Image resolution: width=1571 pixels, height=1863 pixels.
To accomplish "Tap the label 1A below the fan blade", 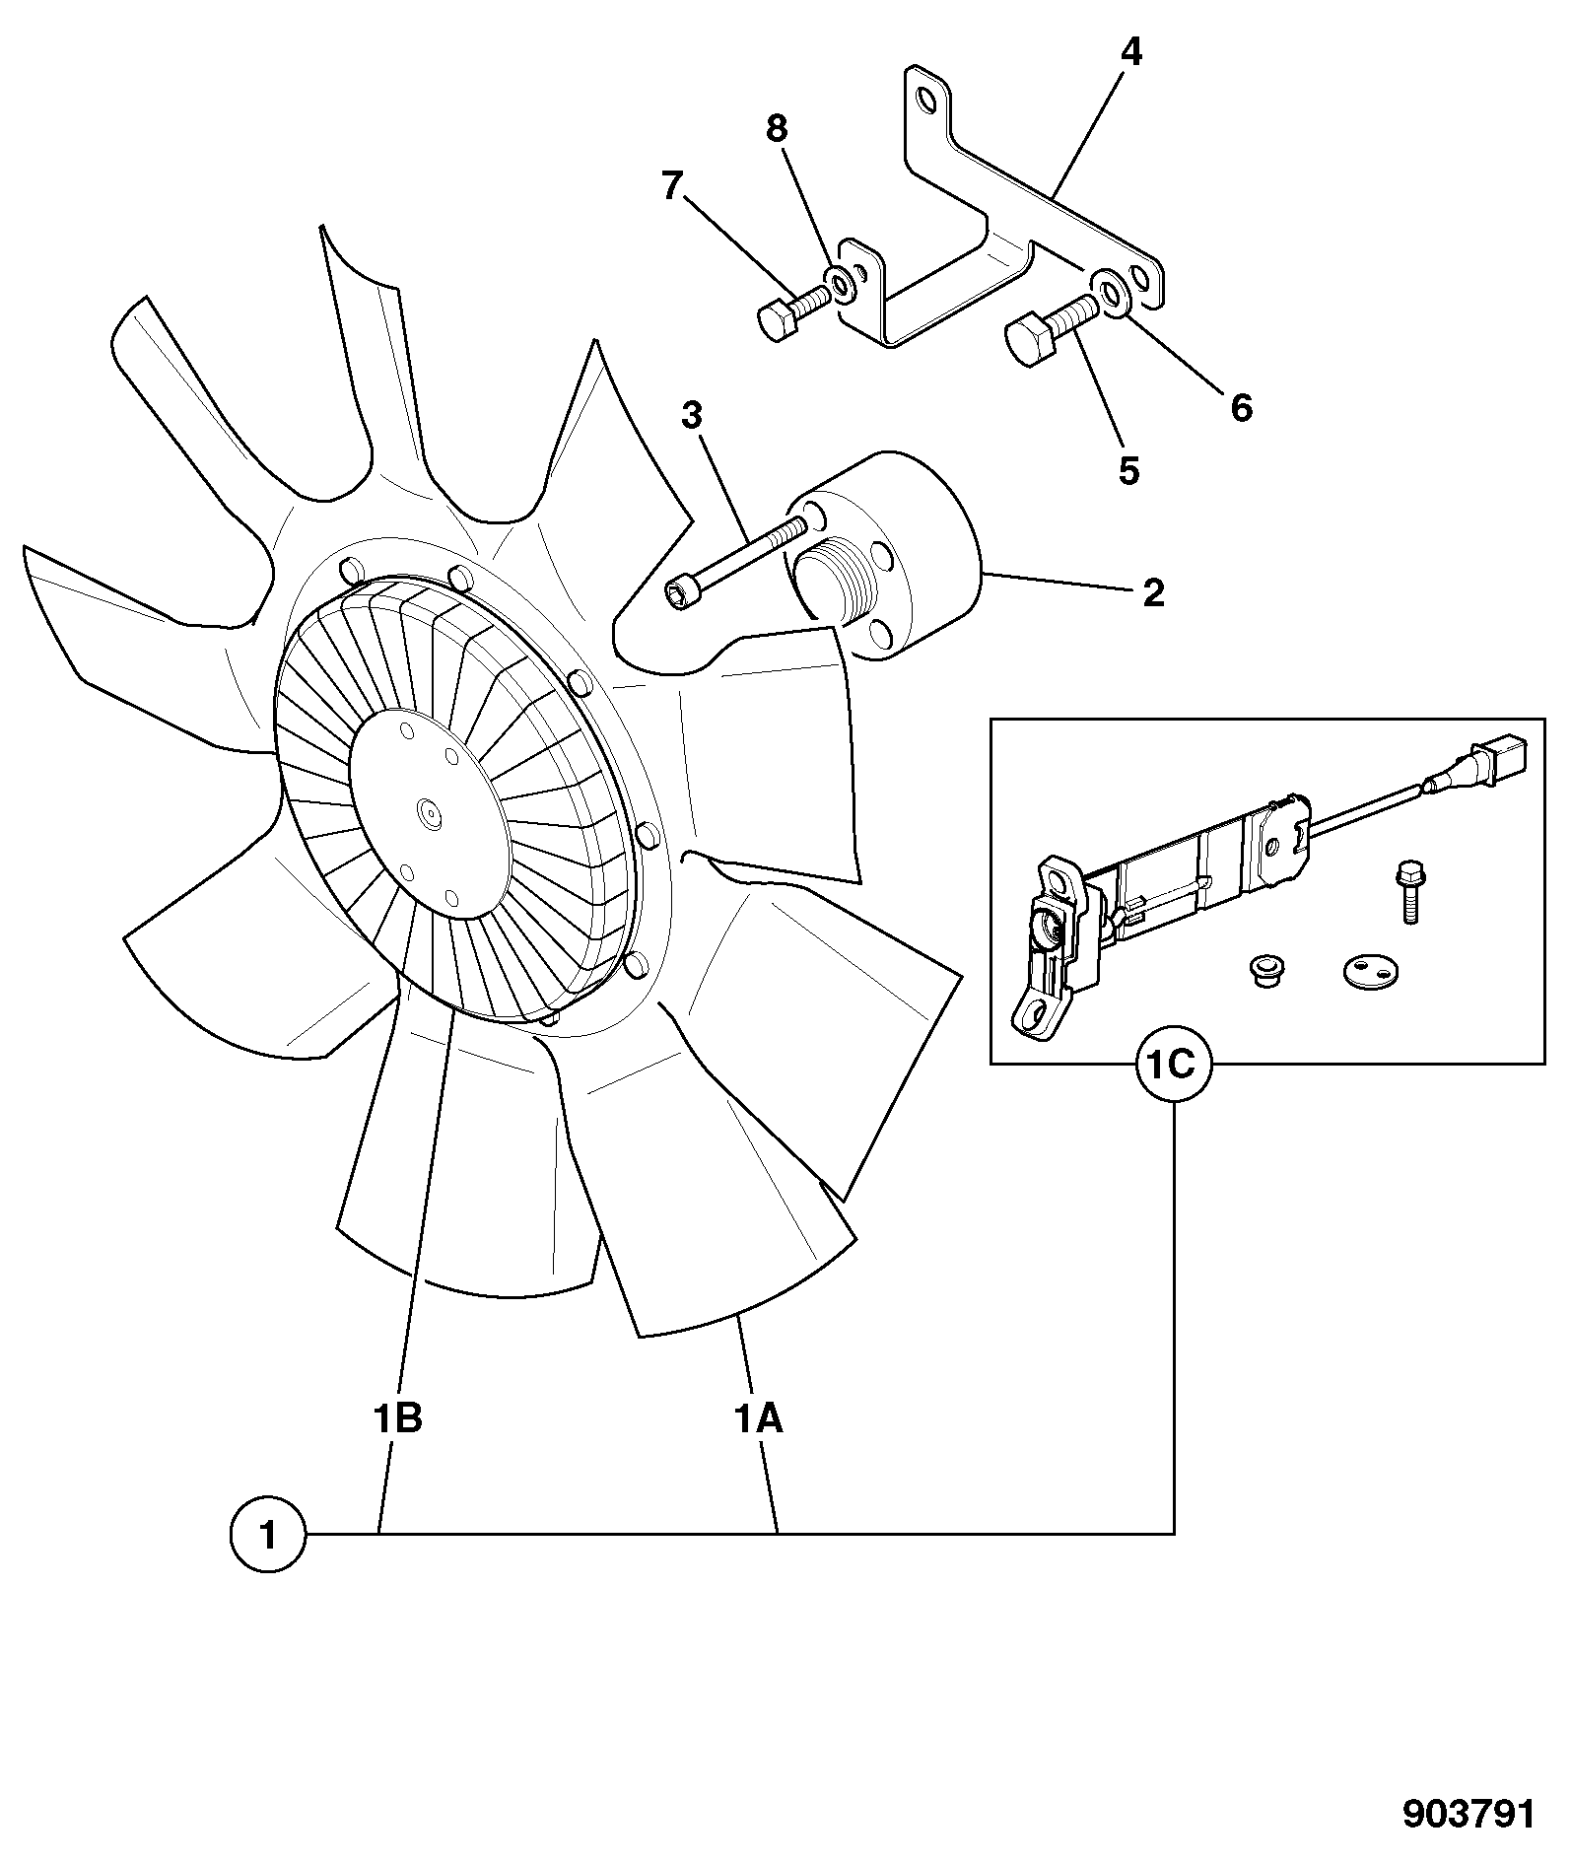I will pos(758,1419).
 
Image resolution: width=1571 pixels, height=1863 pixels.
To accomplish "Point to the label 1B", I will pos(398,1419).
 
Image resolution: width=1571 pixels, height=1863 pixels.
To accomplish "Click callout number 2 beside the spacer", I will pos(1153,593).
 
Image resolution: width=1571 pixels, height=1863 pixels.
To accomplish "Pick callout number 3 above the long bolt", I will pos(692,415).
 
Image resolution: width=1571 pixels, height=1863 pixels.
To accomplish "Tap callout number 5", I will pos(1128,471).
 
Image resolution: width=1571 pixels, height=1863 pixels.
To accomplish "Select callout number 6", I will pos(1241,406).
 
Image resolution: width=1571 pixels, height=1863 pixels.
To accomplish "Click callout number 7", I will pos(672,185).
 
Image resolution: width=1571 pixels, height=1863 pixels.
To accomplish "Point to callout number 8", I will pos(778,127).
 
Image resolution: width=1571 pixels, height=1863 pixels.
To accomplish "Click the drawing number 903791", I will pos(1469,1816).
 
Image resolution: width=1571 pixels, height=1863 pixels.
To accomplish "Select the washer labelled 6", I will pos(1110,293).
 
